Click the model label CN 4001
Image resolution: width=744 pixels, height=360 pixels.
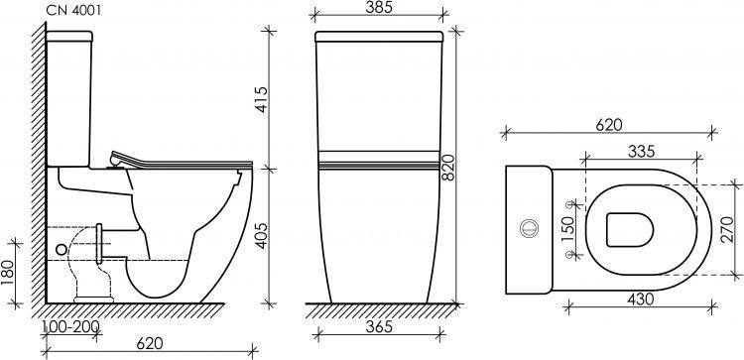73,11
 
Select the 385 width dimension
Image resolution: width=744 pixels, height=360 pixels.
379,7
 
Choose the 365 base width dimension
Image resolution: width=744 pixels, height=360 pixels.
379,327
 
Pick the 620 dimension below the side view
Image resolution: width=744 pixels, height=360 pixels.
150,343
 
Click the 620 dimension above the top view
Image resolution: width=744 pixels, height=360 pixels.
609,125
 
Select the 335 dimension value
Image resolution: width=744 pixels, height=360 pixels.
641,152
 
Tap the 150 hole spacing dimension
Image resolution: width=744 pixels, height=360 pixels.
567,230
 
